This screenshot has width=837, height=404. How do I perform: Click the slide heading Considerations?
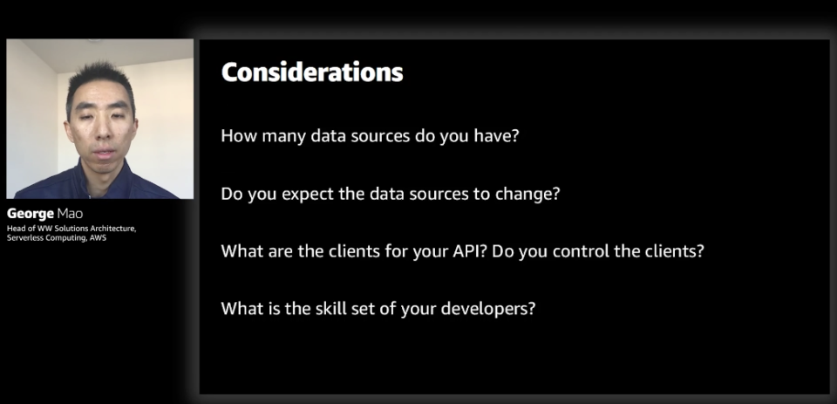[x=312, y=72]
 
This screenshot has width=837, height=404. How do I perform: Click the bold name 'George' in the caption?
[x=31, y=215]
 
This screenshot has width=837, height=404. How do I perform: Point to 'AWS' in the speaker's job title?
[x=99, y=238]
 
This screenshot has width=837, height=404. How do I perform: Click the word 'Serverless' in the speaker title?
[x=23, y=238]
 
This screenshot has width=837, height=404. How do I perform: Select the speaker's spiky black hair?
[x=99, y=80]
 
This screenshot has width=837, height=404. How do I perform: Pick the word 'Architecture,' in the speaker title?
[x=112, y=229]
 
